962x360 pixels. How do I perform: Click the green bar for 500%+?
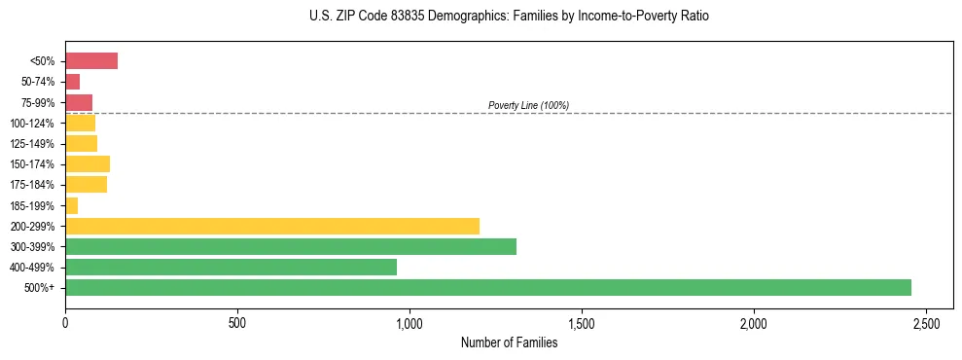point(487,287)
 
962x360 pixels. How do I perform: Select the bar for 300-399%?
point(290,246)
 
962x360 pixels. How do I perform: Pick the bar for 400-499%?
point(231,267)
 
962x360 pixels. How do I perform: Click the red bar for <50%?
point(90,61)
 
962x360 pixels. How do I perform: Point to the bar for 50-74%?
point(72,82)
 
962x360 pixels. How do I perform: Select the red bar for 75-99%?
point(78,102)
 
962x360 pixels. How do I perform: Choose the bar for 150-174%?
point(87,163)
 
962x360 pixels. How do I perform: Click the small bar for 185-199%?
point(71,205)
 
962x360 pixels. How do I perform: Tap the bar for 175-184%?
point(86,185)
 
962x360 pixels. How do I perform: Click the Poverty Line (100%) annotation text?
point(528,105)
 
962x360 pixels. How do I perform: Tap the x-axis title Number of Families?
point(509,342)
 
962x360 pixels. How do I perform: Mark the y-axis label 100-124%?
point(32,124)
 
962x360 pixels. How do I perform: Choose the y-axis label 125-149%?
point(32,144)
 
